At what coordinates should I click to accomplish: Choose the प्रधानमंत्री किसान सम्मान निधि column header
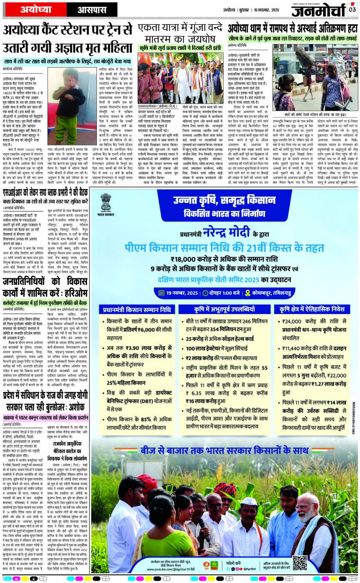(x=137, y=309)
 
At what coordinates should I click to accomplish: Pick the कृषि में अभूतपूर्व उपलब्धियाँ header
(x=224, y=309)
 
